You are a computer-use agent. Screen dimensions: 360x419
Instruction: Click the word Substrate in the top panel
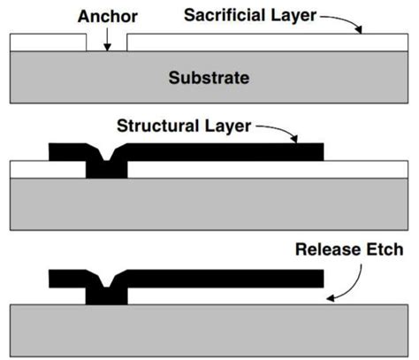tap(209, 78)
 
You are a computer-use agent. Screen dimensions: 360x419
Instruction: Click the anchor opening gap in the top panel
tap(107, 44)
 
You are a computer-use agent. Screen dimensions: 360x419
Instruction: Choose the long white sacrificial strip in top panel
tap(265, 42)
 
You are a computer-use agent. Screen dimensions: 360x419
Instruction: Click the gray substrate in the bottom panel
tap(209, 328)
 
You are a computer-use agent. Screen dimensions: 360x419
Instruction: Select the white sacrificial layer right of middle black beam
tap(367, 169)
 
